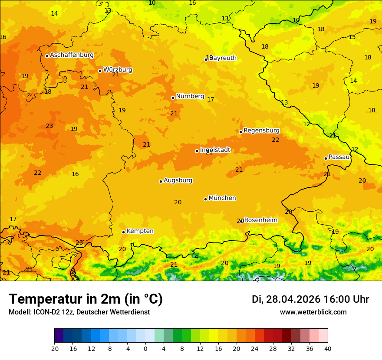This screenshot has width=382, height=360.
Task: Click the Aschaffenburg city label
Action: [72, 55]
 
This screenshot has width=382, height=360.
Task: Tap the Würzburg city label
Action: [118, 70]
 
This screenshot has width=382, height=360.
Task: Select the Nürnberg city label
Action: [190, 96]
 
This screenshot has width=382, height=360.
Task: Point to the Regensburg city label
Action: [261, 131]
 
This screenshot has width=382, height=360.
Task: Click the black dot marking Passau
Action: [326, 158]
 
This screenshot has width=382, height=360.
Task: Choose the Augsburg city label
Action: [178, 180]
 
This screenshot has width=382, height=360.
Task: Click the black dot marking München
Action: [205, 199]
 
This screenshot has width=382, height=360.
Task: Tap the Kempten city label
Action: [140, 231]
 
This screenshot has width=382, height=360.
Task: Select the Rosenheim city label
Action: [260, 220]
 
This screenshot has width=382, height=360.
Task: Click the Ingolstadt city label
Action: [215, 150]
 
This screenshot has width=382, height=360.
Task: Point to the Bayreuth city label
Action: [223, 58]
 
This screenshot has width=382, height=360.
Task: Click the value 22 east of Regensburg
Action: [275, 140]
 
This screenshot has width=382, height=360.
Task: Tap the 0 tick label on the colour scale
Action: [145, 348]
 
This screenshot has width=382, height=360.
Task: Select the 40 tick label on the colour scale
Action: [327, 348]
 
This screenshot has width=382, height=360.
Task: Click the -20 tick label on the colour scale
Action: [54, 348]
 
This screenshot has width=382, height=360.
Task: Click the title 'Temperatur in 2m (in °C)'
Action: [86, 299]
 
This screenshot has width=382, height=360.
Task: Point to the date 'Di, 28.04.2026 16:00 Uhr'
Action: [310, 299]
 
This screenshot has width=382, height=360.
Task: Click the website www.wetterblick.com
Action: [313, 312]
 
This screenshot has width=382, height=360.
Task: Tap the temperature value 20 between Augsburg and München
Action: [178, 203]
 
